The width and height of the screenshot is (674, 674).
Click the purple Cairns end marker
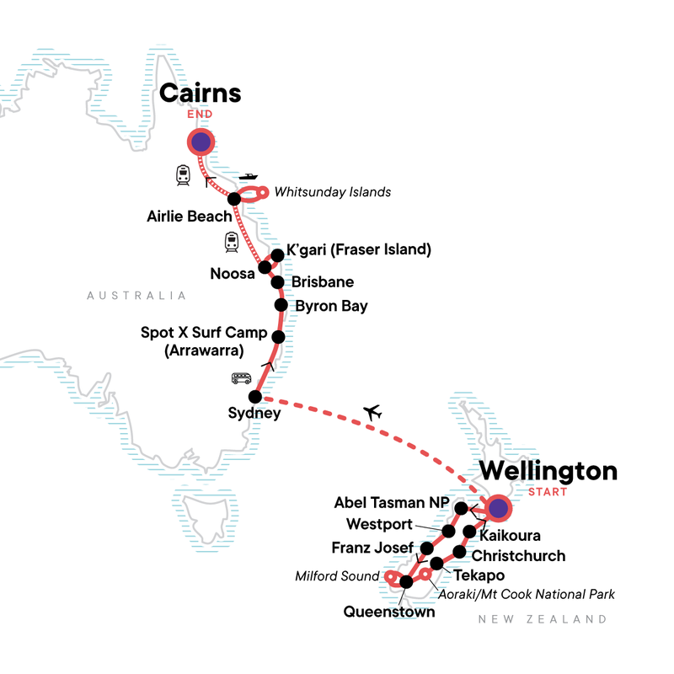(x=201, y=143)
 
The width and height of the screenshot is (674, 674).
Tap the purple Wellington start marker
(x=499, y=508)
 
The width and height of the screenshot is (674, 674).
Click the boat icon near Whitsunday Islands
(x=248, y=178)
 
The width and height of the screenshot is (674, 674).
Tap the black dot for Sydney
(x=254, y=396)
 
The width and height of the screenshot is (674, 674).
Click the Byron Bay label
(x=331, y=306)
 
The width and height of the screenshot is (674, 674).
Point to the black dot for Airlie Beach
(x=234, y=199)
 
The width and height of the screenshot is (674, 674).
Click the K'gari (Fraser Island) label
(x=359, y=250)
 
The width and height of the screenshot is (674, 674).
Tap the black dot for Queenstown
(x=407, y=581)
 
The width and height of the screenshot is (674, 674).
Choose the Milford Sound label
(x=337, y=576)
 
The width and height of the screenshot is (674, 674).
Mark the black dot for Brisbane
(x=276, y=282)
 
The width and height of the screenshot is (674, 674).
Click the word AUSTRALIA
(x=136, y=296)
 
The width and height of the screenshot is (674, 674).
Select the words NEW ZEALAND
(x=542, y=619)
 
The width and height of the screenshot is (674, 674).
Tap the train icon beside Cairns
(x=183, y=175)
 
